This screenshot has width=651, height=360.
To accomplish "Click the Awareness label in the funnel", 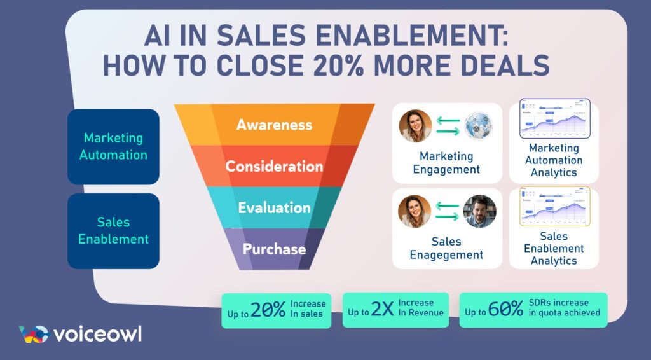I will point(274,124).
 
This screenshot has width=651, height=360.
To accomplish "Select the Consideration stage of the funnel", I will point(274,166).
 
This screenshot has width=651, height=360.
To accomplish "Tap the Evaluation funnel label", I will point(274,208).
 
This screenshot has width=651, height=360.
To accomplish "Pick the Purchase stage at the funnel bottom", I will point(274,249).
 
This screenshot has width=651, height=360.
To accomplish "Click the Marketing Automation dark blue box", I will point(113,146).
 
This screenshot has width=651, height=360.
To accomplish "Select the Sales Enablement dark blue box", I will point(113,231).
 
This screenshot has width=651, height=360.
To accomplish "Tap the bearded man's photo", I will point(480,211).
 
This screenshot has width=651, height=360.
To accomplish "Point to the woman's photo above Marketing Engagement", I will point(415,126).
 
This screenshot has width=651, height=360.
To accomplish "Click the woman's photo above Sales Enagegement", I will point(415,211).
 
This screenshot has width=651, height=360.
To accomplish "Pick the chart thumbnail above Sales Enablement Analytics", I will point(554,207).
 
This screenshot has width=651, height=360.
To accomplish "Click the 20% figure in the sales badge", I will point(268,310).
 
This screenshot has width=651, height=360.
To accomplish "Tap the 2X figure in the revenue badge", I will point(382,310).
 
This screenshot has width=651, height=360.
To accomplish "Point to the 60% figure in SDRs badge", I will point(507,310).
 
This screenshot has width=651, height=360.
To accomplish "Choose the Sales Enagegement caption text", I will point(446,248).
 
